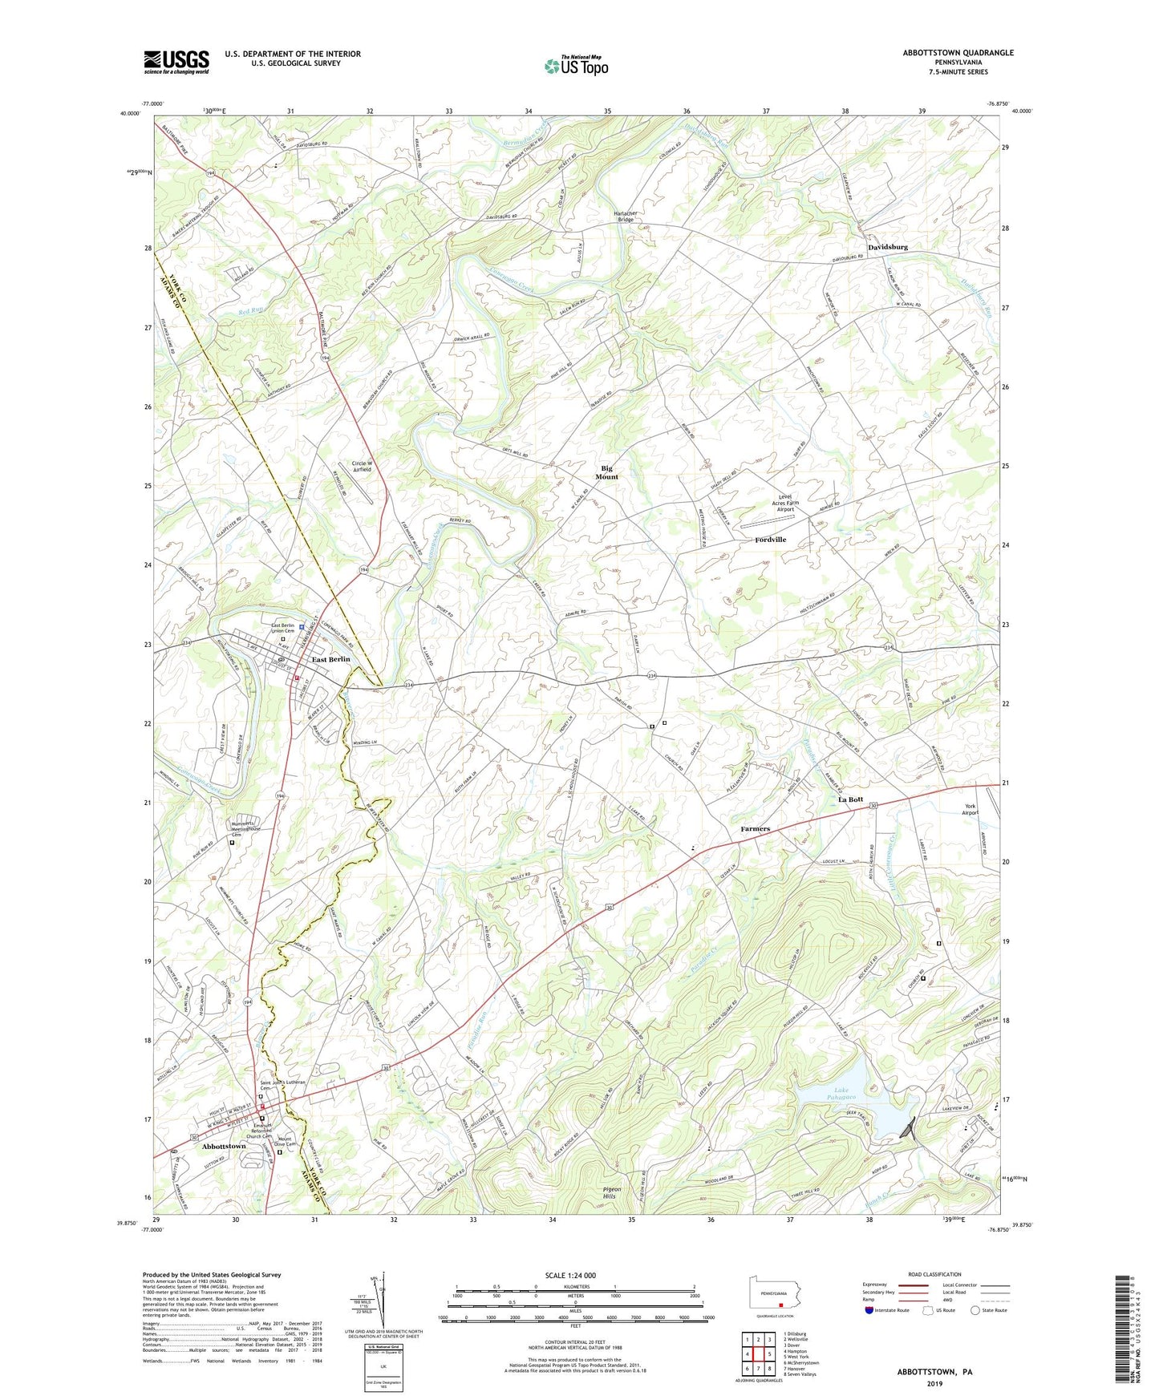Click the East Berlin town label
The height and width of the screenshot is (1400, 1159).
coord(330,659)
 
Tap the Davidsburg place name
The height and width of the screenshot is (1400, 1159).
coord(887,247)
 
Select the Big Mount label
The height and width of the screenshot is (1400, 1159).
coord(606,472)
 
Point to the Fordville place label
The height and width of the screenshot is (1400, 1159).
coord(770,540)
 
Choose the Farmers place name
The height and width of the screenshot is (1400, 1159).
coord(755,828)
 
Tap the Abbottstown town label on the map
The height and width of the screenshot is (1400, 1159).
coord(224,1147)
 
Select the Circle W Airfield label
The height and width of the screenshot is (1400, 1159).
coord(363,466)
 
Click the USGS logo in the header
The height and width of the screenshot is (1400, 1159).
coord(176,62)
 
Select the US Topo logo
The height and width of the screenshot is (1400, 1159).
coord(576,66)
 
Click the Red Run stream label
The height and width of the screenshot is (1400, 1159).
coord(250,310)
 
